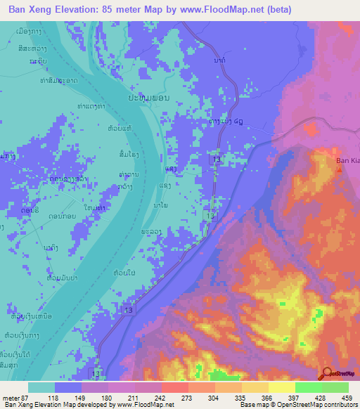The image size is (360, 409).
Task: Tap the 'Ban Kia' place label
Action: pos(346,161)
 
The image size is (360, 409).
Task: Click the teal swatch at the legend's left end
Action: pos(41,387)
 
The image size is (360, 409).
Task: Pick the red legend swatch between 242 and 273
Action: pos(175,387)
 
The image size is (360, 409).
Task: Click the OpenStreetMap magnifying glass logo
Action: pos(328,372)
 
